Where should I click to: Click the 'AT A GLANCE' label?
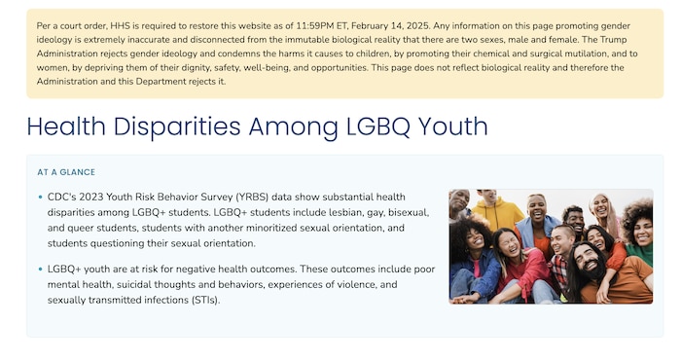tap(66, 172)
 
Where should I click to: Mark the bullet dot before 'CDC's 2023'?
tap(40, 198)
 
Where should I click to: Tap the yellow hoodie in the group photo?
tap(499, 213)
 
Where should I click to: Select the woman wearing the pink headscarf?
tap(601, 209)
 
